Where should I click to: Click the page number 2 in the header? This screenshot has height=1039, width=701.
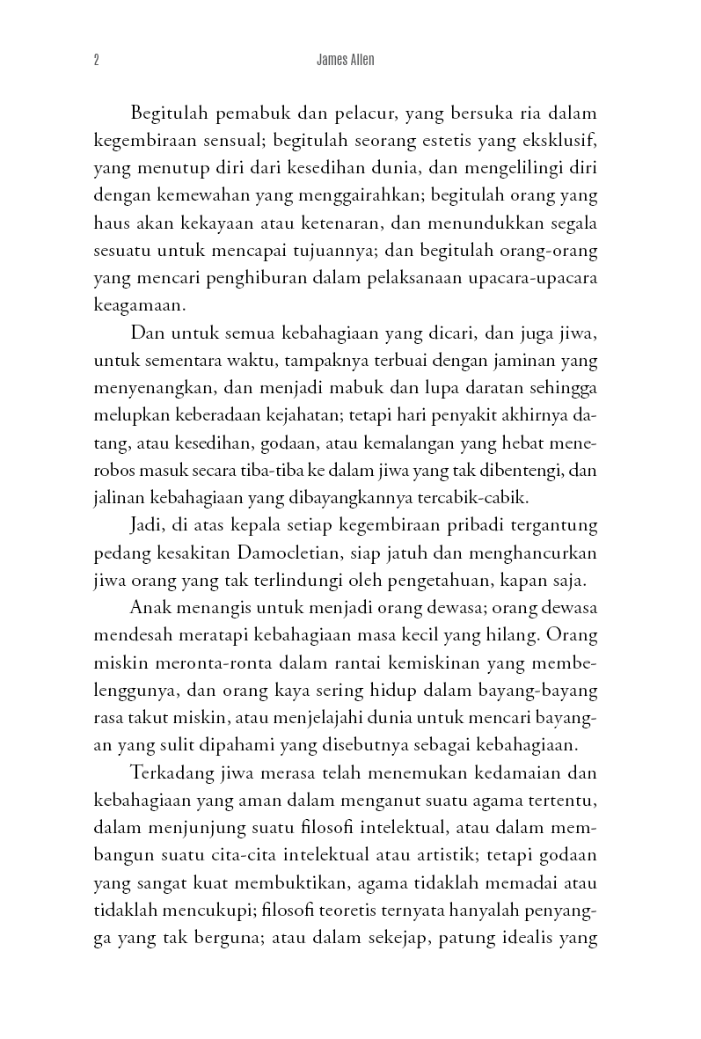(95, 61)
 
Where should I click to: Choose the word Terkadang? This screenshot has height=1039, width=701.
(170, 773)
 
